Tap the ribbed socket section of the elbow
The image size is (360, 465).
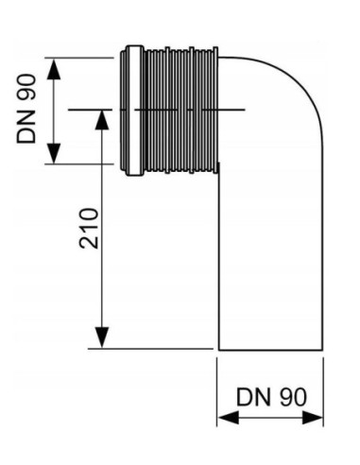pyautogui.click(x=180, y=111)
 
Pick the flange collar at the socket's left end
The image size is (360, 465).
pyautogui.click(x=132, y=111)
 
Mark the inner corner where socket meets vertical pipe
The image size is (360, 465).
pyautogui.click(x=218, y=174)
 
